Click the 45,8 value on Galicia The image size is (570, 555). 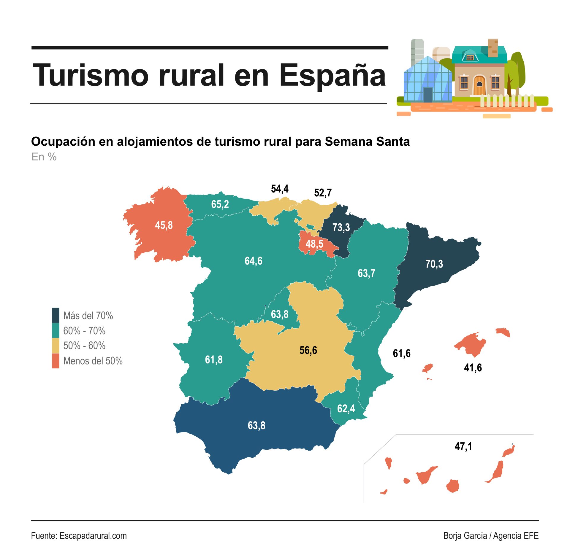tap(164, 225)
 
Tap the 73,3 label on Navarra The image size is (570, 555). tap(341, 228)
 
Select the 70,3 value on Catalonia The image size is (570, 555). tap(434, 264)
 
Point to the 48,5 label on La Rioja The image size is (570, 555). tap(314, 244)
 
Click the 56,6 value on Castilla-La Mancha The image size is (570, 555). tap(308, 350)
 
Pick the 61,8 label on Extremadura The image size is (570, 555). tap(214, 360)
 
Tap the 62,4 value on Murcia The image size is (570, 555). tap(346, 409)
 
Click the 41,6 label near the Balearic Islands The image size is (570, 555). tap(473, 368)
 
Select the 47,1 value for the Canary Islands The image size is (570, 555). tap(463, 446)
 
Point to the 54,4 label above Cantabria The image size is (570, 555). tap(280, 189)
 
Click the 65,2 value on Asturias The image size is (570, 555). tap(220, 204)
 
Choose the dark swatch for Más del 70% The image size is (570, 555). tap(56, 315)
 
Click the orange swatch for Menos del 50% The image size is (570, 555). tap(56, 361)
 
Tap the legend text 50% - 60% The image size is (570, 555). tap(84, 346)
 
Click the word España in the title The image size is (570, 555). tap(332, 76)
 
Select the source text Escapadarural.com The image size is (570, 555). tap(93, 536)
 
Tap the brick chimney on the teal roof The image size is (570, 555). tap(493, 47)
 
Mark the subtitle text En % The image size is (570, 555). tap(44, 157)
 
